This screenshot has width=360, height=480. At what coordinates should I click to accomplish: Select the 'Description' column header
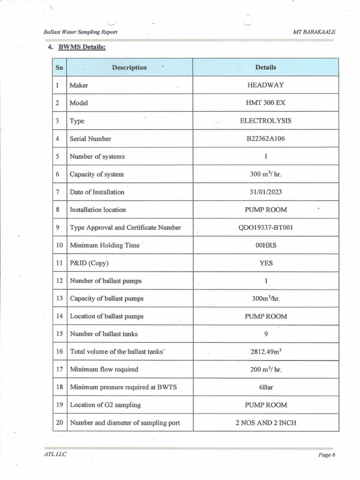click(129, 67)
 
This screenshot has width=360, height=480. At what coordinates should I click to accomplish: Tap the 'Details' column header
click(265, 67)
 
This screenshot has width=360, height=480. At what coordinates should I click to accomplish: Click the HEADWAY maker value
click(265, 85)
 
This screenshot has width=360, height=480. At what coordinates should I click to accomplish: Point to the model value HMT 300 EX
click(265, 103)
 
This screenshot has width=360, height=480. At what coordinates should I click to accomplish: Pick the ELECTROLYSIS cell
click(265, 121)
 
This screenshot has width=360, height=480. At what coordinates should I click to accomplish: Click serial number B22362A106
click(265, 139)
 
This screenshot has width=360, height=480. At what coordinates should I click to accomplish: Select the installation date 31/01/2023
click(265, 192)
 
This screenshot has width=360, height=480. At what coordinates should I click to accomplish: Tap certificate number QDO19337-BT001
click(265, 227)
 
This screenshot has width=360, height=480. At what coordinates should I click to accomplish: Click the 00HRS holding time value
click(265, 245)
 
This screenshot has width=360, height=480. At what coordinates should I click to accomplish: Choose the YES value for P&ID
click(266, 263)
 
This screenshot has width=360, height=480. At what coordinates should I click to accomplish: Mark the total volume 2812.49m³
click(265, 352)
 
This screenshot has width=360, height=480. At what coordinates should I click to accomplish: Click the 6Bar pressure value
click(266, 387)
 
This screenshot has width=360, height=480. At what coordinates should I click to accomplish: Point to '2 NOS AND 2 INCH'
click(265, 423)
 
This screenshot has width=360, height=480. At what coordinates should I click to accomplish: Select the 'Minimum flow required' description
click(104, 369)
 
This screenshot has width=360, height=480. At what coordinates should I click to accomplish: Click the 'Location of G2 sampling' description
click(105, 405)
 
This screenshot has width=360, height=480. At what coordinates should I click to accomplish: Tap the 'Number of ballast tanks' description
click(104, 334)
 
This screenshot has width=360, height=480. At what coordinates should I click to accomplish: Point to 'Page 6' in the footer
click(326, 455)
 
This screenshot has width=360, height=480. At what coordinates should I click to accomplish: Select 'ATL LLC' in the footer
click(52, 454)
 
